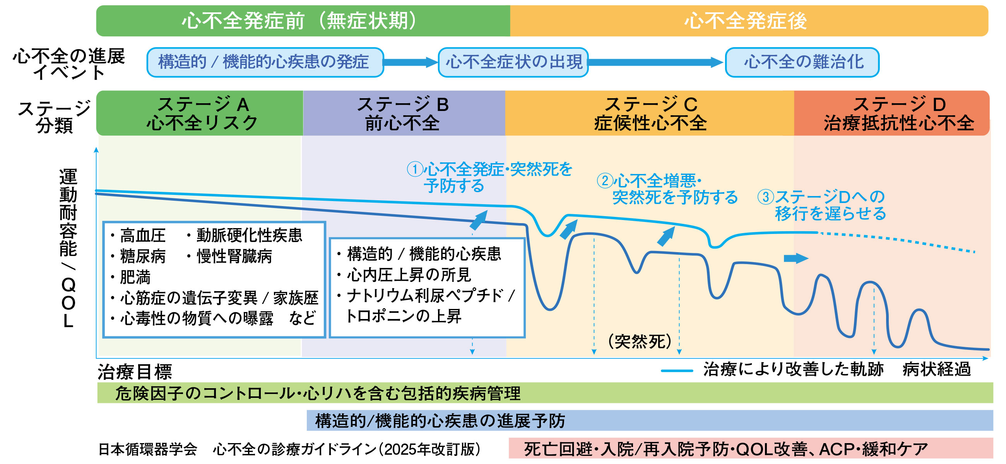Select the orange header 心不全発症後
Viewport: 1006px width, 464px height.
point(746,20)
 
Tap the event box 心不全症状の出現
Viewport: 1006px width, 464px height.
point(513,62)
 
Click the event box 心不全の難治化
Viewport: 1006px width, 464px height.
point(802,62)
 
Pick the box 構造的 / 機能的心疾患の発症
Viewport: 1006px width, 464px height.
point(264,62)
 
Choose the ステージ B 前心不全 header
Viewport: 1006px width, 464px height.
point(404,113)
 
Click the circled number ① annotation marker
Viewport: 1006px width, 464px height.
point(415,169)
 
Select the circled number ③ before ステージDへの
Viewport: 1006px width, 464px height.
point(765,197)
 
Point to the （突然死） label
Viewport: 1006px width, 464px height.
point(640,341)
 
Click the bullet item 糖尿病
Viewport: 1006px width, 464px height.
point(142,256)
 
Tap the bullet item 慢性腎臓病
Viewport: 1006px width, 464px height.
point(234,256)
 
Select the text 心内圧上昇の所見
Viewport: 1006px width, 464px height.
point(409,275)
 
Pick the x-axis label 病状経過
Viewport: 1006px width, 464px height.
point(936,369)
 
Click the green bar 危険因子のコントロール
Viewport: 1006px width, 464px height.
point(318,393)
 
